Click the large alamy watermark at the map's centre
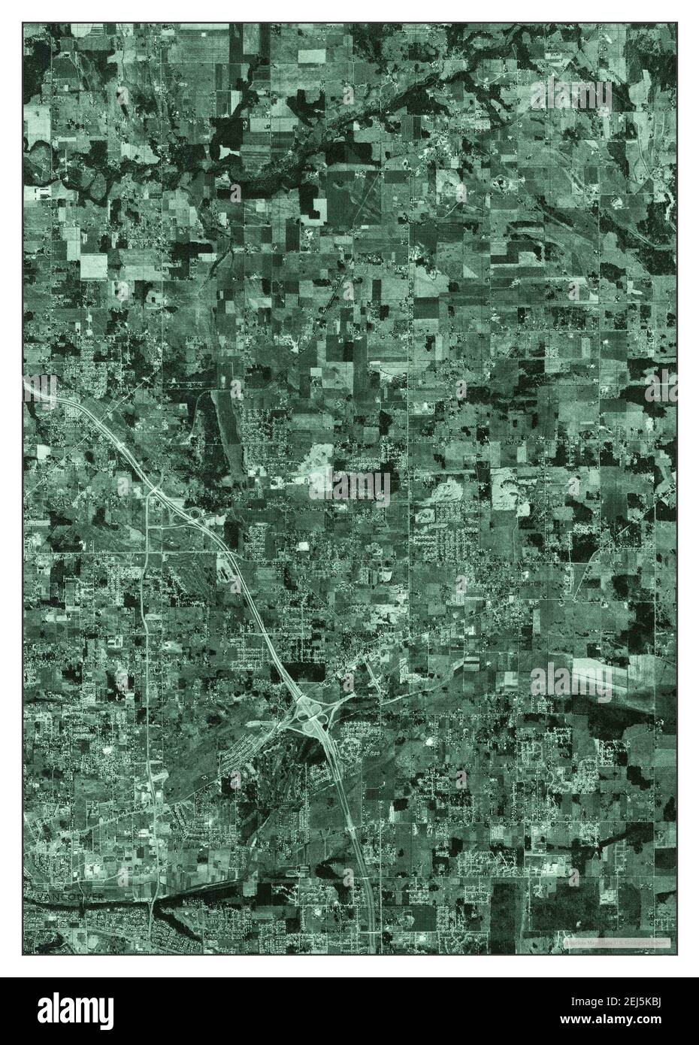click(x=350, y=485)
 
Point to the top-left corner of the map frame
click(x=23, y=23)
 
